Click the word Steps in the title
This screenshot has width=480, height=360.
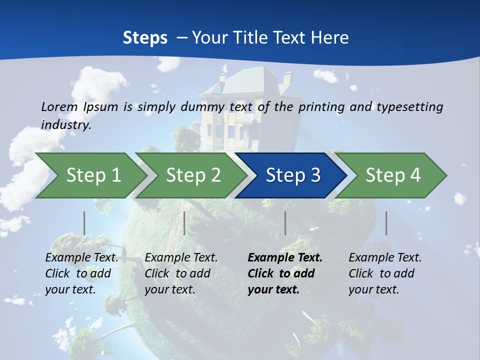pos(145,37)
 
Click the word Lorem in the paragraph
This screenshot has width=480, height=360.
pos(60,106)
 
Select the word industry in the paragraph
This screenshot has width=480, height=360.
pos(66,124)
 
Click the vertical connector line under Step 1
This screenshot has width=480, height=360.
pos(84,223)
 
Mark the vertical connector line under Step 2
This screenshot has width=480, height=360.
pos(184,223)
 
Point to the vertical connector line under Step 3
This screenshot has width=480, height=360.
pos(285,223)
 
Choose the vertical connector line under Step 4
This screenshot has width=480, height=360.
pos(386,223)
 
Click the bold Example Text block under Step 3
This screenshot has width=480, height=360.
pos(285,273)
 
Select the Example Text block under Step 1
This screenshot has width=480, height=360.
pos(81,273)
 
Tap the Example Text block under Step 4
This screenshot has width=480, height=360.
pos(385,273)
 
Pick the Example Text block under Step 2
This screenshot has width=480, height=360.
pos(181,273)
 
